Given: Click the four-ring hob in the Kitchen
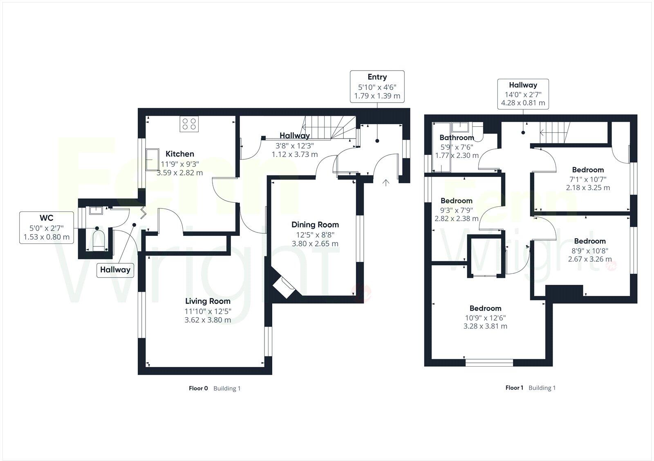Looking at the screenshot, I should click(x=189, y=124).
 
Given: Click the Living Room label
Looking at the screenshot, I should click(x=208, y=302).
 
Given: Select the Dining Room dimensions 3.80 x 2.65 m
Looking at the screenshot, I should click(x=315, y=244).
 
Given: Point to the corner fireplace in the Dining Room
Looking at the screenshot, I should click(x=283, y=287).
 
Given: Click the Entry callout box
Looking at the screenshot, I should click(x=377, y=86).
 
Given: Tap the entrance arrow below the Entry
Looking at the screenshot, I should click(x=385, y=182).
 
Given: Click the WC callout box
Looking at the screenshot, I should click(x=47, y=227).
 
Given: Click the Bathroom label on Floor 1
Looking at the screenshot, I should click(x=457, y=138).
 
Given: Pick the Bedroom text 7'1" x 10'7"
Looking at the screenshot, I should click(x=588, y=179).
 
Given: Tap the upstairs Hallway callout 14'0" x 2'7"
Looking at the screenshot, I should click(x=523, y=94).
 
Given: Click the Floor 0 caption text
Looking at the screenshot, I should click(x=198, y=388).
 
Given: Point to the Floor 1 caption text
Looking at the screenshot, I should click(x=514, y=388).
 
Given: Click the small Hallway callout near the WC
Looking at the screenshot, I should click(x=115, y=270).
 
